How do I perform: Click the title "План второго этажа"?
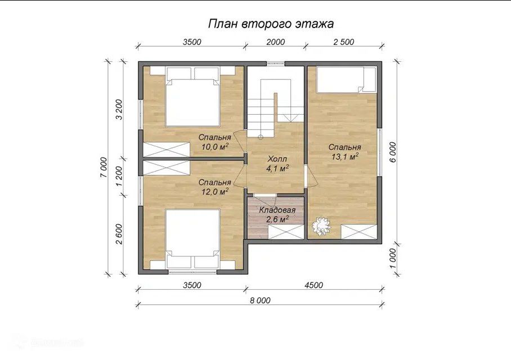271,24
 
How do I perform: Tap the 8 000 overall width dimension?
260,300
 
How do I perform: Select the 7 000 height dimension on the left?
104,168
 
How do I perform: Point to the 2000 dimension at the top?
275,42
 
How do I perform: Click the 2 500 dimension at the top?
343,42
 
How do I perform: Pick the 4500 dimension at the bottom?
313,285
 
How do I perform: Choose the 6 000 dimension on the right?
393,152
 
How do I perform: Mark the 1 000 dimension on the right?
393,258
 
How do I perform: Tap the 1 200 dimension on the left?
119,176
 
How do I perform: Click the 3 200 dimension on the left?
119,110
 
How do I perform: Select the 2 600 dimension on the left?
119,234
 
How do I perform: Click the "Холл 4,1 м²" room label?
277,164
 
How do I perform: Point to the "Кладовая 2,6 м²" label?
277,215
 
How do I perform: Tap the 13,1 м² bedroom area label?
345,156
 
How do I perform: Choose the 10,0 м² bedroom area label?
214,147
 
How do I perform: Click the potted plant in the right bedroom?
321,226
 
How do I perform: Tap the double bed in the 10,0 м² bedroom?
192,97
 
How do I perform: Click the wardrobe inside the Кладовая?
286,232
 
